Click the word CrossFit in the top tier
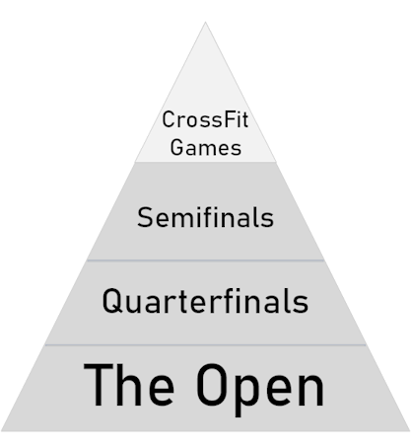[205, 119]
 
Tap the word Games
[206, 147]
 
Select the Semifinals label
[205, 217]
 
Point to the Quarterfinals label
[205, 301]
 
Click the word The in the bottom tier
[129, 384]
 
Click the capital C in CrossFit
[169, 119]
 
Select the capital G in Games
[176, 147]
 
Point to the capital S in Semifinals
[144, 217]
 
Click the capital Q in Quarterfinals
[110, 301]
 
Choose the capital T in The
[98, 385]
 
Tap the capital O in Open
[211, 385]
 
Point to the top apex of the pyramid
[205, 22]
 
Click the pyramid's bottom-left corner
[1, 430]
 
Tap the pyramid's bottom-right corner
[410, 430]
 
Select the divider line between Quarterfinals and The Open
[205, 345]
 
